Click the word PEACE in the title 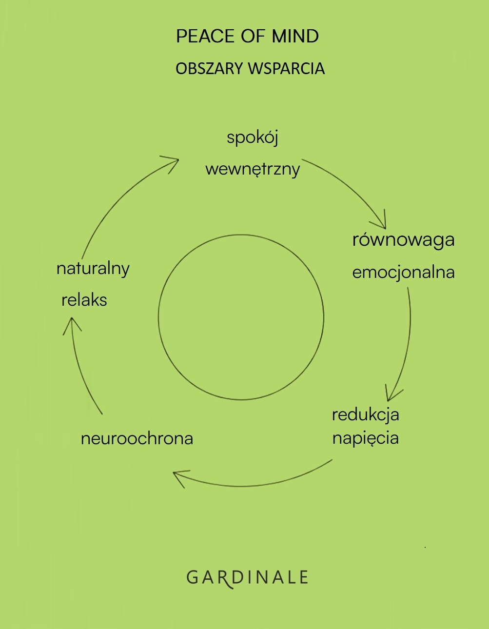click(205, 37)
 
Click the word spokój click(253, 138)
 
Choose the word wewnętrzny click(253, 170)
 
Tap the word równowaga click(403, 240)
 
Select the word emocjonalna click(403, 272)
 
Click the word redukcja click(365, 415)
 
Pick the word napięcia click(365, 438)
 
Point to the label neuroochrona click(137, 438)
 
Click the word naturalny click(93, 269)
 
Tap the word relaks click(84, 300)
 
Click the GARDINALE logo click(247, 578)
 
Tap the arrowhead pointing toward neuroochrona click(179, 476)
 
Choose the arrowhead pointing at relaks click(72, 324)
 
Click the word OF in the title click(249, 37)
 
